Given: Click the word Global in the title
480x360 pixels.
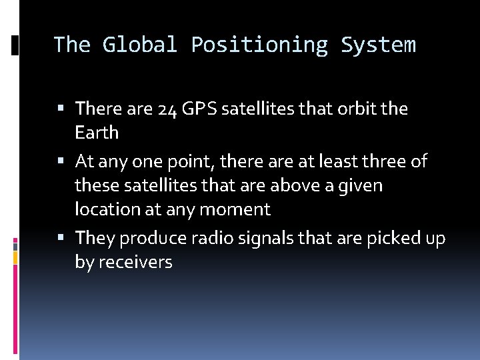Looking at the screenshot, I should point(139,45).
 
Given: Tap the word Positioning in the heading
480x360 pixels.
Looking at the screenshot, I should point(259,45).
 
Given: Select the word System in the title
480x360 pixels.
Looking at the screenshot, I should point(378,45).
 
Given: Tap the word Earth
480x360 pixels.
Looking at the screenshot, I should point(97,133).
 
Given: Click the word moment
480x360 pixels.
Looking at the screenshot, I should point(237,209).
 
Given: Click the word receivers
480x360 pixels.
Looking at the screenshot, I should point(135,263).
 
